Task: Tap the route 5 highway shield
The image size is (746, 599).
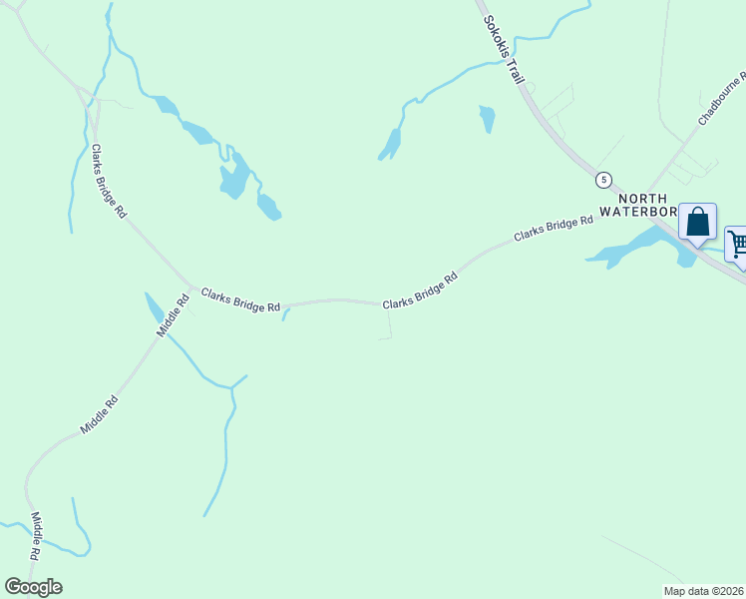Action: [x=602, y=180]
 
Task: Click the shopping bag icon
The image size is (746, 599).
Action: [x=698, y=222]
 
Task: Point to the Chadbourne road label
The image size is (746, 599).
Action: [x=722, y=99]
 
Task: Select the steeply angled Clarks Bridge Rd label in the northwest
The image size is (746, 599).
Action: [x=109, y=181]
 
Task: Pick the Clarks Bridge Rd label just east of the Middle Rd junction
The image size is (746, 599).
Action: [x=240, y=300]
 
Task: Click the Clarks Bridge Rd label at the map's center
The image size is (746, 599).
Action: [x=420, y=290]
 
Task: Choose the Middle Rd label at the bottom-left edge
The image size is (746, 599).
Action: [x=36, y=535]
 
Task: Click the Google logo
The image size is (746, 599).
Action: [x=33, y=587]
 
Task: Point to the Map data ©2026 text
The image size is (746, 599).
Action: [x=703, y=591]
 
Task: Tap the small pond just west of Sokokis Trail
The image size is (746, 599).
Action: [x=487, y=118]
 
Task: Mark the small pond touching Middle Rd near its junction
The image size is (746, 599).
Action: [x=154, y=306]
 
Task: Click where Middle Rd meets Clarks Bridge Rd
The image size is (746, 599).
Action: [x=191, y=288]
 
